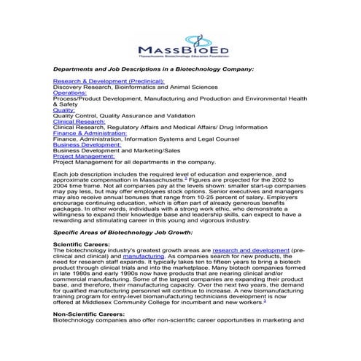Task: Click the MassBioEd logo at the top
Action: (x=180, y=46)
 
